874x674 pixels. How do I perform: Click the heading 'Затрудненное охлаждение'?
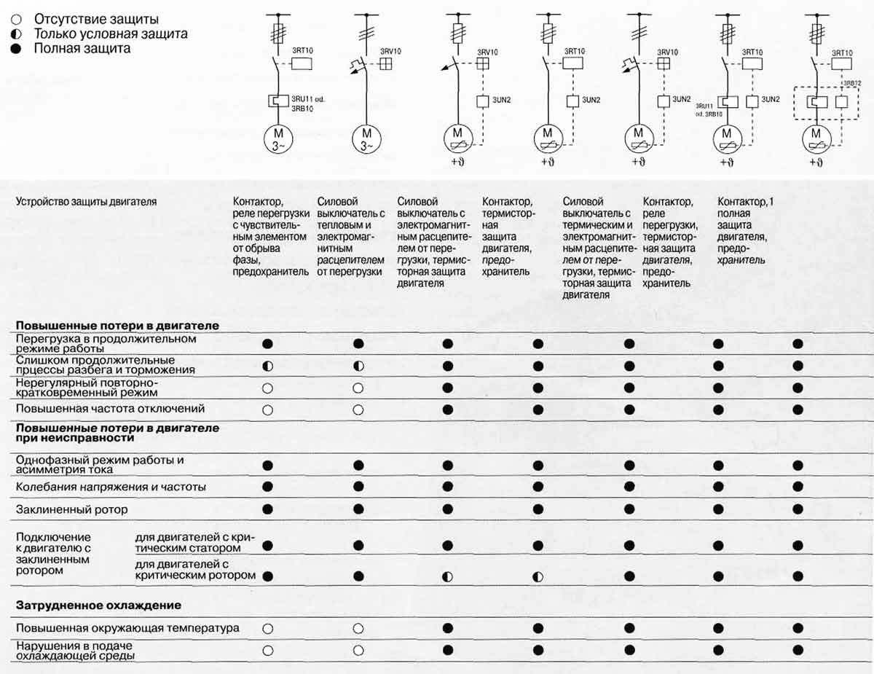[x=98, y=606]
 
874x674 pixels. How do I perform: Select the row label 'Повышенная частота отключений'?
[x=111, y=409]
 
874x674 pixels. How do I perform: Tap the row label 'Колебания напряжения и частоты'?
[x=111, y=486]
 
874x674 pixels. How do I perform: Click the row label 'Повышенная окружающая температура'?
[x=127, y=627]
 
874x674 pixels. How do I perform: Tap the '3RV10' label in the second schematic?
[x=391, y=52]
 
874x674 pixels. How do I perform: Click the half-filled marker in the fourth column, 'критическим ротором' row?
[x=538, y=576]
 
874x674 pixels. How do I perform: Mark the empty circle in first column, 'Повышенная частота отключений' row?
[x=267, y=410]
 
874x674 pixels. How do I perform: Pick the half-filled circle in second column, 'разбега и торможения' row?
[x=358, y=366]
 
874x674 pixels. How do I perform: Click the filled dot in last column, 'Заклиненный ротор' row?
[x=798, y=509]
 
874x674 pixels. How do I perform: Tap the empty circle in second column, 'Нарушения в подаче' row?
[x=358, y=650]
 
